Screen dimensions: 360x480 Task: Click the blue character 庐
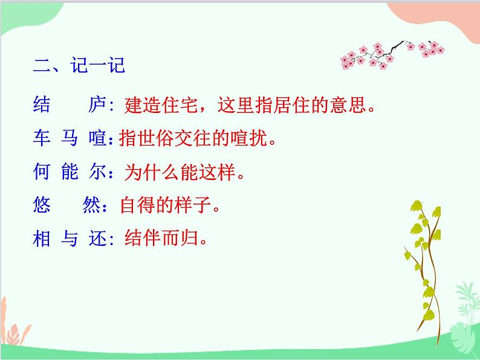click(x=97, y=106)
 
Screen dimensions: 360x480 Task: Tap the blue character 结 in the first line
click(x=42, y=106)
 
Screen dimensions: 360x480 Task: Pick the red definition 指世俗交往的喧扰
click(x=193, y=140)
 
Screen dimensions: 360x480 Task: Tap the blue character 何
click(x=42, y=173)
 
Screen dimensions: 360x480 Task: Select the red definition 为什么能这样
click(x=178, y=173)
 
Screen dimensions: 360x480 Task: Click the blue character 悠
click(x=42, y=206)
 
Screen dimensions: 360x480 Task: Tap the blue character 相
click(x=42, y=239)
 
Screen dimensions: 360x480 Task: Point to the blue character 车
click(x=42, y=140)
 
